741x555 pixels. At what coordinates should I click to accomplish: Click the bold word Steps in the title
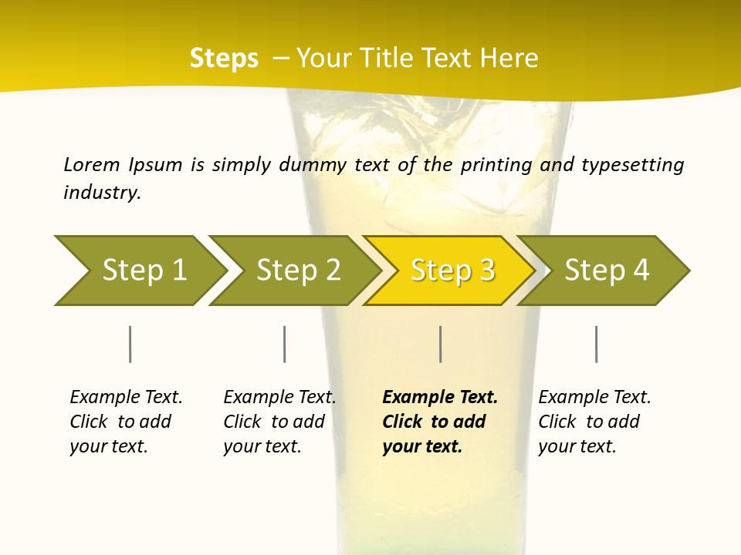coord(224,59)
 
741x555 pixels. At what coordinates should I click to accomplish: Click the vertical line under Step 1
coord(130,344)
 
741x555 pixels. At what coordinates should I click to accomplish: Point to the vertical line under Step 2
coord(285,344)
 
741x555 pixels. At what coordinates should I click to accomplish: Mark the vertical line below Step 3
coord(441,344)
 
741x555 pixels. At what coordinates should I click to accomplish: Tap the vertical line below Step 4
coord(597,344)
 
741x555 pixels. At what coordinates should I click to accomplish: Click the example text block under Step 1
coord(126,422)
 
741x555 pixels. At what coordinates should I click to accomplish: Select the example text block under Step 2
coord(279,422)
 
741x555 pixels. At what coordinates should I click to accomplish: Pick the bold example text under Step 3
coord(439,422)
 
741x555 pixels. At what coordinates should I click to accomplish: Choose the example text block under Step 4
coord(594,422)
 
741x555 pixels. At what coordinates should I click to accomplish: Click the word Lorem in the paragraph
coord(92,164)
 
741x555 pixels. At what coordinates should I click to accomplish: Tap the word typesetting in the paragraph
coord(632,165)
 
